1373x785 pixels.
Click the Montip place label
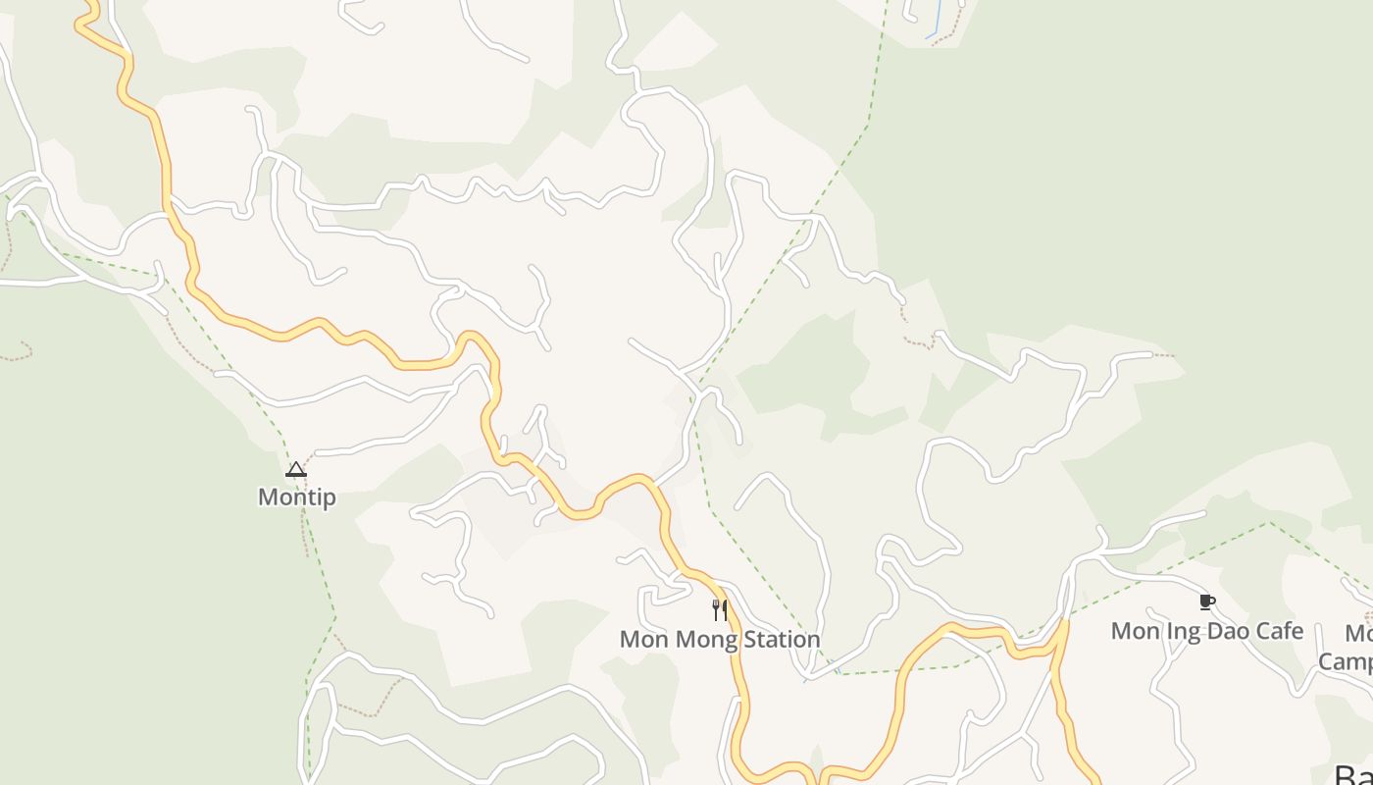[x=296, y=497]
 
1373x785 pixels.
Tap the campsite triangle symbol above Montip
[x=296, y=470]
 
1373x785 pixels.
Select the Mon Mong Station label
[x=720, y=640]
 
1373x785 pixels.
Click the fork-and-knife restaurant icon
[x=720, y=610]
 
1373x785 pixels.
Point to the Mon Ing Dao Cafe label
[x=1206, y=631]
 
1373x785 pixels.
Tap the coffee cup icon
[x=1206, y=602]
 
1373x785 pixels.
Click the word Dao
[x=1228, y=631]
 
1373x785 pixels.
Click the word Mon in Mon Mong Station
[x=642, y=640]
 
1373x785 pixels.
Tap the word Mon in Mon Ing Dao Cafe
[x=1135, y=631]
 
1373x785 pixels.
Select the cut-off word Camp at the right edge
[x=1346, y=661]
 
